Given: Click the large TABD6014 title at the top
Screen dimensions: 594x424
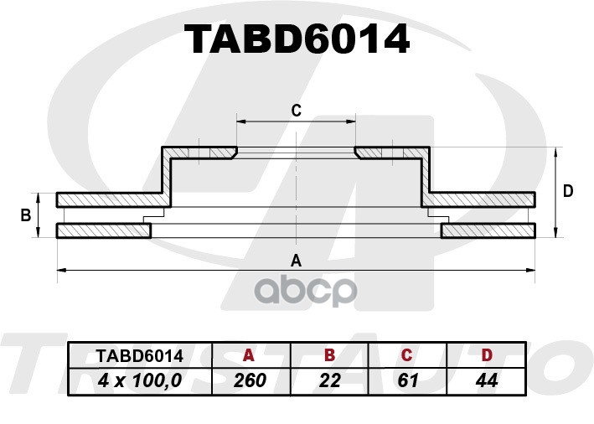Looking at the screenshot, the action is (297, 39).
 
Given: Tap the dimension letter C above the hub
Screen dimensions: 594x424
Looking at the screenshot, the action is (297, 111).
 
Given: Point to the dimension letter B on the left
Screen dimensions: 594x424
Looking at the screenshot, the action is (25, 215).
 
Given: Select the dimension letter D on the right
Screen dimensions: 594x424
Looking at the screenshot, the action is (568, 191).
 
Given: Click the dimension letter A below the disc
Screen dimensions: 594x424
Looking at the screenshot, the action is (296, 261).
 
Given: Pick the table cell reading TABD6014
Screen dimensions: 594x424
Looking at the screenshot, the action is (140, 356).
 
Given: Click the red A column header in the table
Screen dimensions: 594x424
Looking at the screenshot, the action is (249, 355).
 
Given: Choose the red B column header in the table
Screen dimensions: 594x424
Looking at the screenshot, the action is (330, 355).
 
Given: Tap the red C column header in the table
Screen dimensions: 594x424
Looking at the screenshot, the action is (406, 355).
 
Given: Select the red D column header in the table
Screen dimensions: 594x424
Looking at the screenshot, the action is (487, 355).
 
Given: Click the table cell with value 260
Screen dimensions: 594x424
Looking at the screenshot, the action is (250, 380).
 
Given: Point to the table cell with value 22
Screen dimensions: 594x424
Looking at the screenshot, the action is (329, 380).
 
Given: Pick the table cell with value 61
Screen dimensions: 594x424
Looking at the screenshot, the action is (408, 380).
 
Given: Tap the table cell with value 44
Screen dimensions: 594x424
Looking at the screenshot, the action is (487, 380).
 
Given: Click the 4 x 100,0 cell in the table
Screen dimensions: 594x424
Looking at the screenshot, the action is (140, 380).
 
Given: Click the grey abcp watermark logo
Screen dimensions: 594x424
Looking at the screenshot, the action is (305, 291).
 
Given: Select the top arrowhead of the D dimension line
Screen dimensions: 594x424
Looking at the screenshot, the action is (555, 152).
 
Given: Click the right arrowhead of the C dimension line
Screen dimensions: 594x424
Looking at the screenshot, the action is (351, 122).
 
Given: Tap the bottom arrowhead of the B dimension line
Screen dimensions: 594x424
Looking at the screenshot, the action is (38, 233).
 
